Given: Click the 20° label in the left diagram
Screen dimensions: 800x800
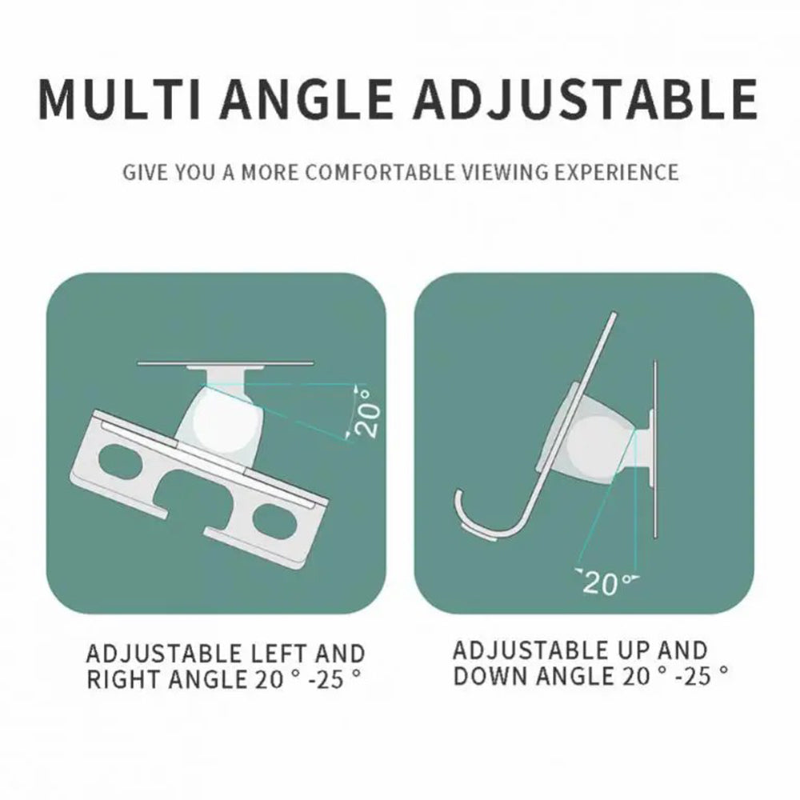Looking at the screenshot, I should (366, 412).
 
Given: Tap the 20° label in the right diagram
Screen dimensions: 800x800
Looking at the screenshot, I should (602, 582).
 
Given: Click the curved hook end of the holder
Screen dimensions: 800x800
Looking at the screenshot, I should (472, 520).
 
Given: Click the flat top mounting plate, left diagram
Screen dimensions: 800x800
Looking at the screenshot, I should (217, 364).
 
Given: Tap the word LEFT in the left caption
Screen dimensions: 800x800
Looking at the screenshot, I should (278, 654).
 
